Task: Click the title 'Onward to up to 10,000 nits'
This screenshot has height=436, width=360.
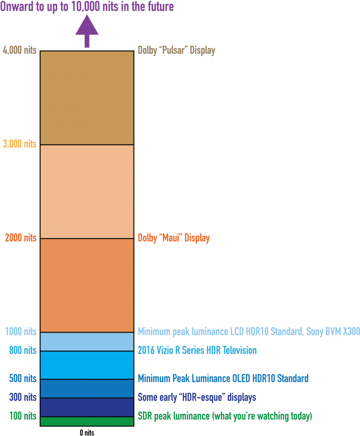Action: click(87, 7)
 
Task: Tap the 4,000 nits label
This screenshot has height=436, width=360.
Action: click(20, 51)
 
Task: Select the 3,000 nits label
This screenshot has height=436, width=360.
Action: click(20, 144)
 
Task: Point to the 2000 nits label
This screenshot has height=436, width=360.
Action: click(21, 238)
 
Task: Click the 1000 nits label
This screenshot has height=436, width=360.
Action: click(21, 332)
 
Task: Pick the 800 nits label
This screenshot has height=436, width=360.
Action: click(23, 351)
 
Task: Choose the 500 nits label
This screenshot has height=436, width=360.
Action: click(23, 378)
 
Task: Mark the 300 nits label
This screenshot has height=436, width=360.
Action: click(23, 397)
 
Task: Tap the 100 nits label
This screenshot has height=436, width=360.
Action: click(23, 416)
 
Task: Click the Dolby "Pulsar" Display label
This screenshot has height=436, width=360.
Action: click(177, 51)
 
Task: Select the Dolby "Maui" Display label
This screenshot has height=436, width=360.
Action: click(174, 238)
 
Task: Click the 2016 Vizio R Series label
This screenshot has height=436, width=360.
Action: click(197, 351)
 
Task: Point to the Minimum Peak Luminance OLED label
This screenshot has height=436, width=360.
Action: click(223, 378)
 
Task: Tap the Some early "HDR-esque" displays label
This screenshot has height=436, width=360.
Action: click(197, 397)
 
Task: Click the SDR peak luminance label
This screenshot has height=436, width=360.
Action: click(225, 416)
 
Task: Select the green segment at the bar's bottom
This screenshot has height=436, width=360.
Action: click(87, 421)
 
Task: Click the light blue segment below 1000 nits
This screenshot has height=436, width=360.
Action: click(87, 342)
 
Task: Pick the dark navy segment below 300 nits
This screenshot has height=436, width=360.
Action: click(87, 407)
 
